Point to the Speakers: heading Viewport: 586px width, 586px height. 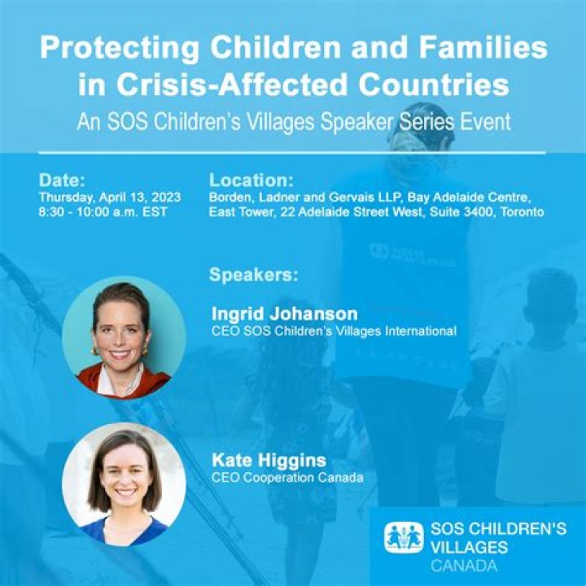[254, 274]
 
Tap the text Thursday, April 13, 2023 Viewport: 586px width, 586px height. [109, 198]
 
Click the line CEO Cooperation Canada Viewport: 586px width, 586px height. [287, 477]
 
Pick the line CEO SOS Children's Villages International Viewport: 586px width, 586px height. [334, 330]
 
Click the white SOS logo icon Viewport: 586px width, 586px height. [404, 537]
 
